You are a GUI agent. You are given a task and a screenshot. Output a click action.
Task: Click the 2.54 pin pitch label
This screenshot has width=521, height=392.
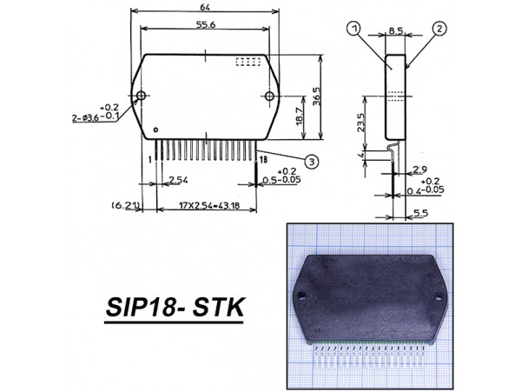pos(178,180)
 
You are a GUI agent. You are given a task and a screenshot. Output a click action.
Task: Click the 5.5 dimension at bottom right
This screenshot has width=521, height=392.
pos(420,212)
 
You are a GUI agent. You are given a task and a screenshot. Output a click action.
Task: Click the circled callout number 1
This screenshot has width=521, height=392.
pos(354,29)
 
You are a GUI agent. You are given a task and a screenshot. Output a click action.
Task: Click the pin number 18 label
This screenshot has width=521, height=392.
pos(262,159)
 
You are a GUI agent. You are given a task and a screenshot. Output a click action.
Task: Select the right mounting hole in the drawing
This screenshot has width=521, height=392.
pos(270,96)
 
